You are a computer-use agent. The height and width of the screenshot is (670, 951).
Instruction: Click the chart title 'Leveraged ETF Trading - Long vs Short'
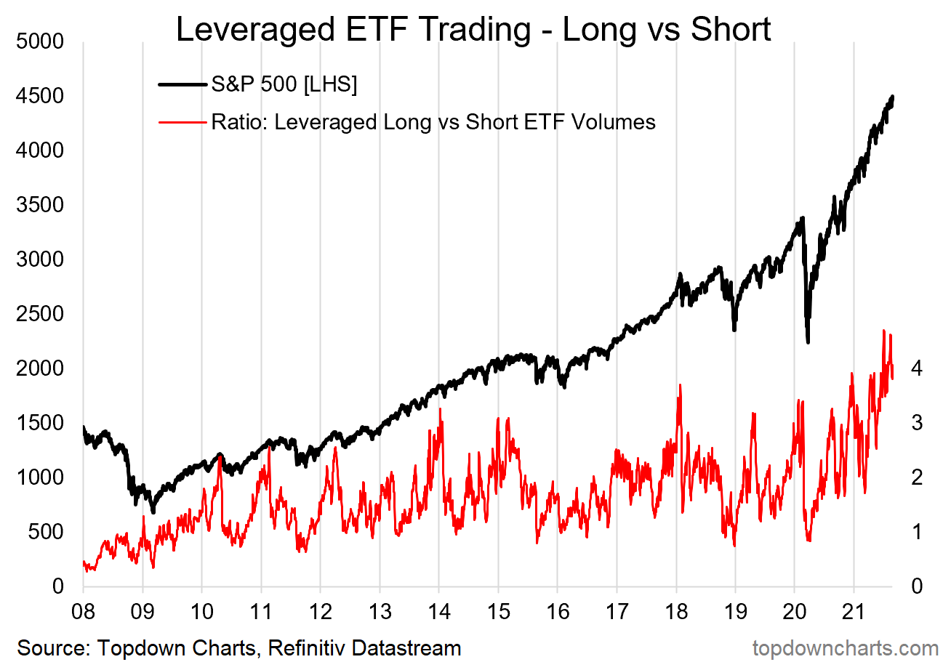[x=473, y=30]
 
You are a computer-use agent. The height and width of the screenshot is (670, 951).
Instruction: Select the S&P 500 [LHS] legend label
[x=284, y=85]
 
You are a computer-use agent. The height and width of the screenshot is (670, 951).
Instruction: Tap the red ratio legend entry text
[x=433, y=122]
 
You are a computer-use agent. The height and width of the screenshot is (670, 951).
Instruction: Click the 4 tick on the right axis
[x=918, y=368]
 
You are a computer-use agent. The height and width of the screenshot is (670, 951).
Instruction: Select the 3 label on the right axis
[x=918, y=423]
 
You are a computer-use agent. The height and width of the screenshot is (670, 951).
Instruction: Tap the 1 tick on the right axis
[x=918, y=532]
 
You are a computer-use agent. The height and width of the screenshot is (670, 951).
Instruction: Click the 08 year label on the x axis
[x=84, y=607]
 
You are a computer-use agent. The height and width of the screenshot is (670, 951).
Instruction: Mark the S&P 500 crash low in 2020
[x=808, y=342]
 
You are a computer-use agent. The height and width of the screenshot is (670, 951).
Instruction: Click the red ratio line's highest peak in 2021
[x=884, y=331]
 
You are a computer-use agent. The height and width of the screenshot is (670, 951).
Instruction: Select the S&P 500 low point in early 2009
[x=153, y=512]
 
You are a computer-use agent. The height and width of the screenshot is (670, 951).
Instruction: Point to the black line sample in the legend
[x=182, y=85]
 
